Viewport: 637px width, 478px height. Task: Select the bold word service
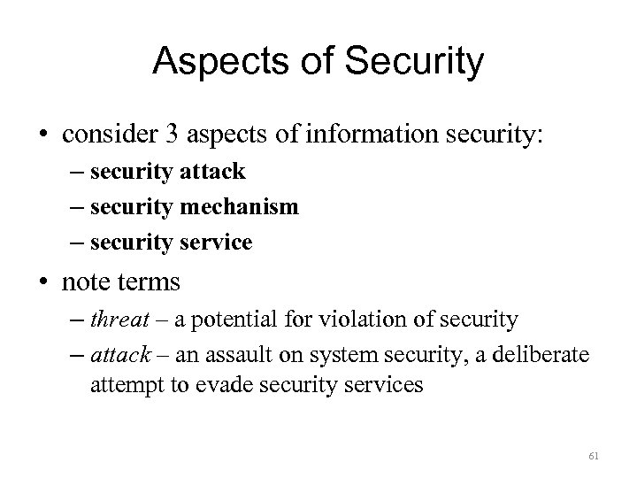(214, 241)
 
